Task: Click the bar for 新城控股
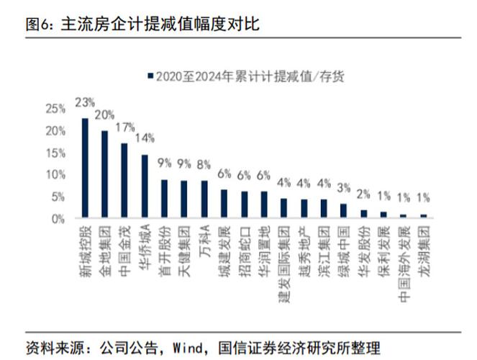(x=85, y=168)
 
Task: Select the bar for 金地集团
(x=104, y=174)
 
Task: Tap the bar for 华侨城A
(x=145, y=186)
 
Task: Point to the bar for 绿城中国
(x=343, y=210)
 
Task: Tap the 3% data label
(x=343, y=187)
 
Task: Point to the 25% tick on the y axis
(x=54, y=109)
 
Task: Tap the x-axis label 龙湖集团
(x=423, y=245)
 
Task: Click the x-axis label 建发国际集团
(x=284, y=254)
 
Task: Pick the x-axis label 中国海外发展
(x=404, y=254)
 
